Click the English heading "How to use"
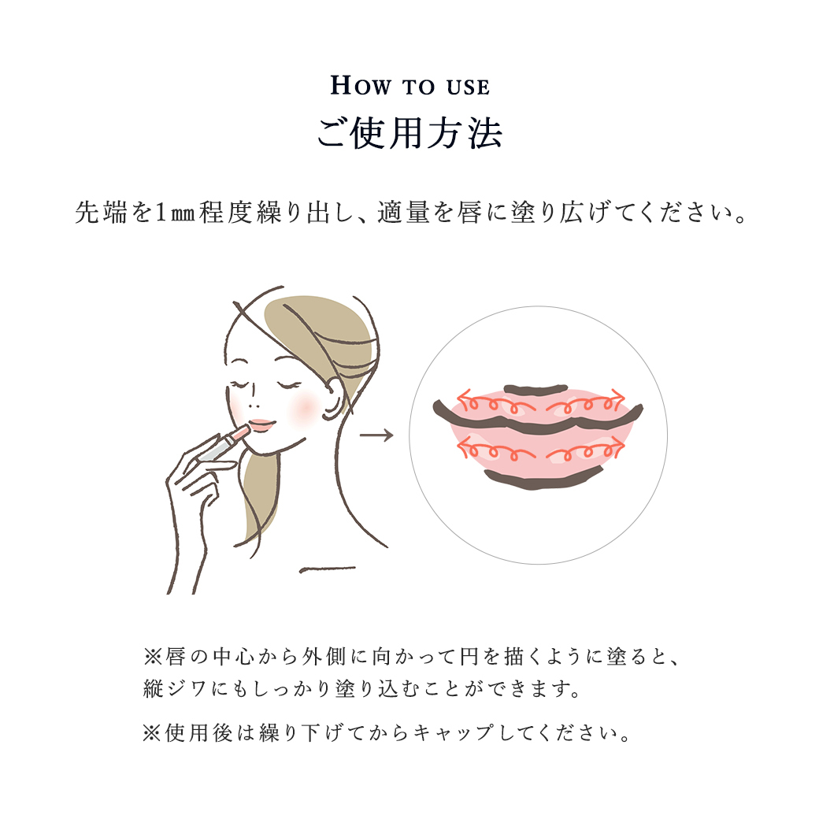tap(410, 86)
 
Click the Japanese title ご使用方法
tap(410, 133)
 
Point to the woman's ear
tap(332, 399)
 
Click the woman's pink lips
tap(261, 424)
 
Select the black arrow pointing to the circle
tap(376, 435)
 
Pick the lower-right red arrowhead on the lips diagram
tap(618, 445)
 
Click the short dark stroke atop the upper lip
tap(535, 389)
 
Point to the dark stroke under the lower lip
tap(543, 480)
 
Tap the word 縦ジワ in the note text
tap(176, 689)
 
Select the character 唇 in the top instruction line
tap(469, 213)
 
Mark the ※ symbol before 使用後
tap(152, 733)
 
